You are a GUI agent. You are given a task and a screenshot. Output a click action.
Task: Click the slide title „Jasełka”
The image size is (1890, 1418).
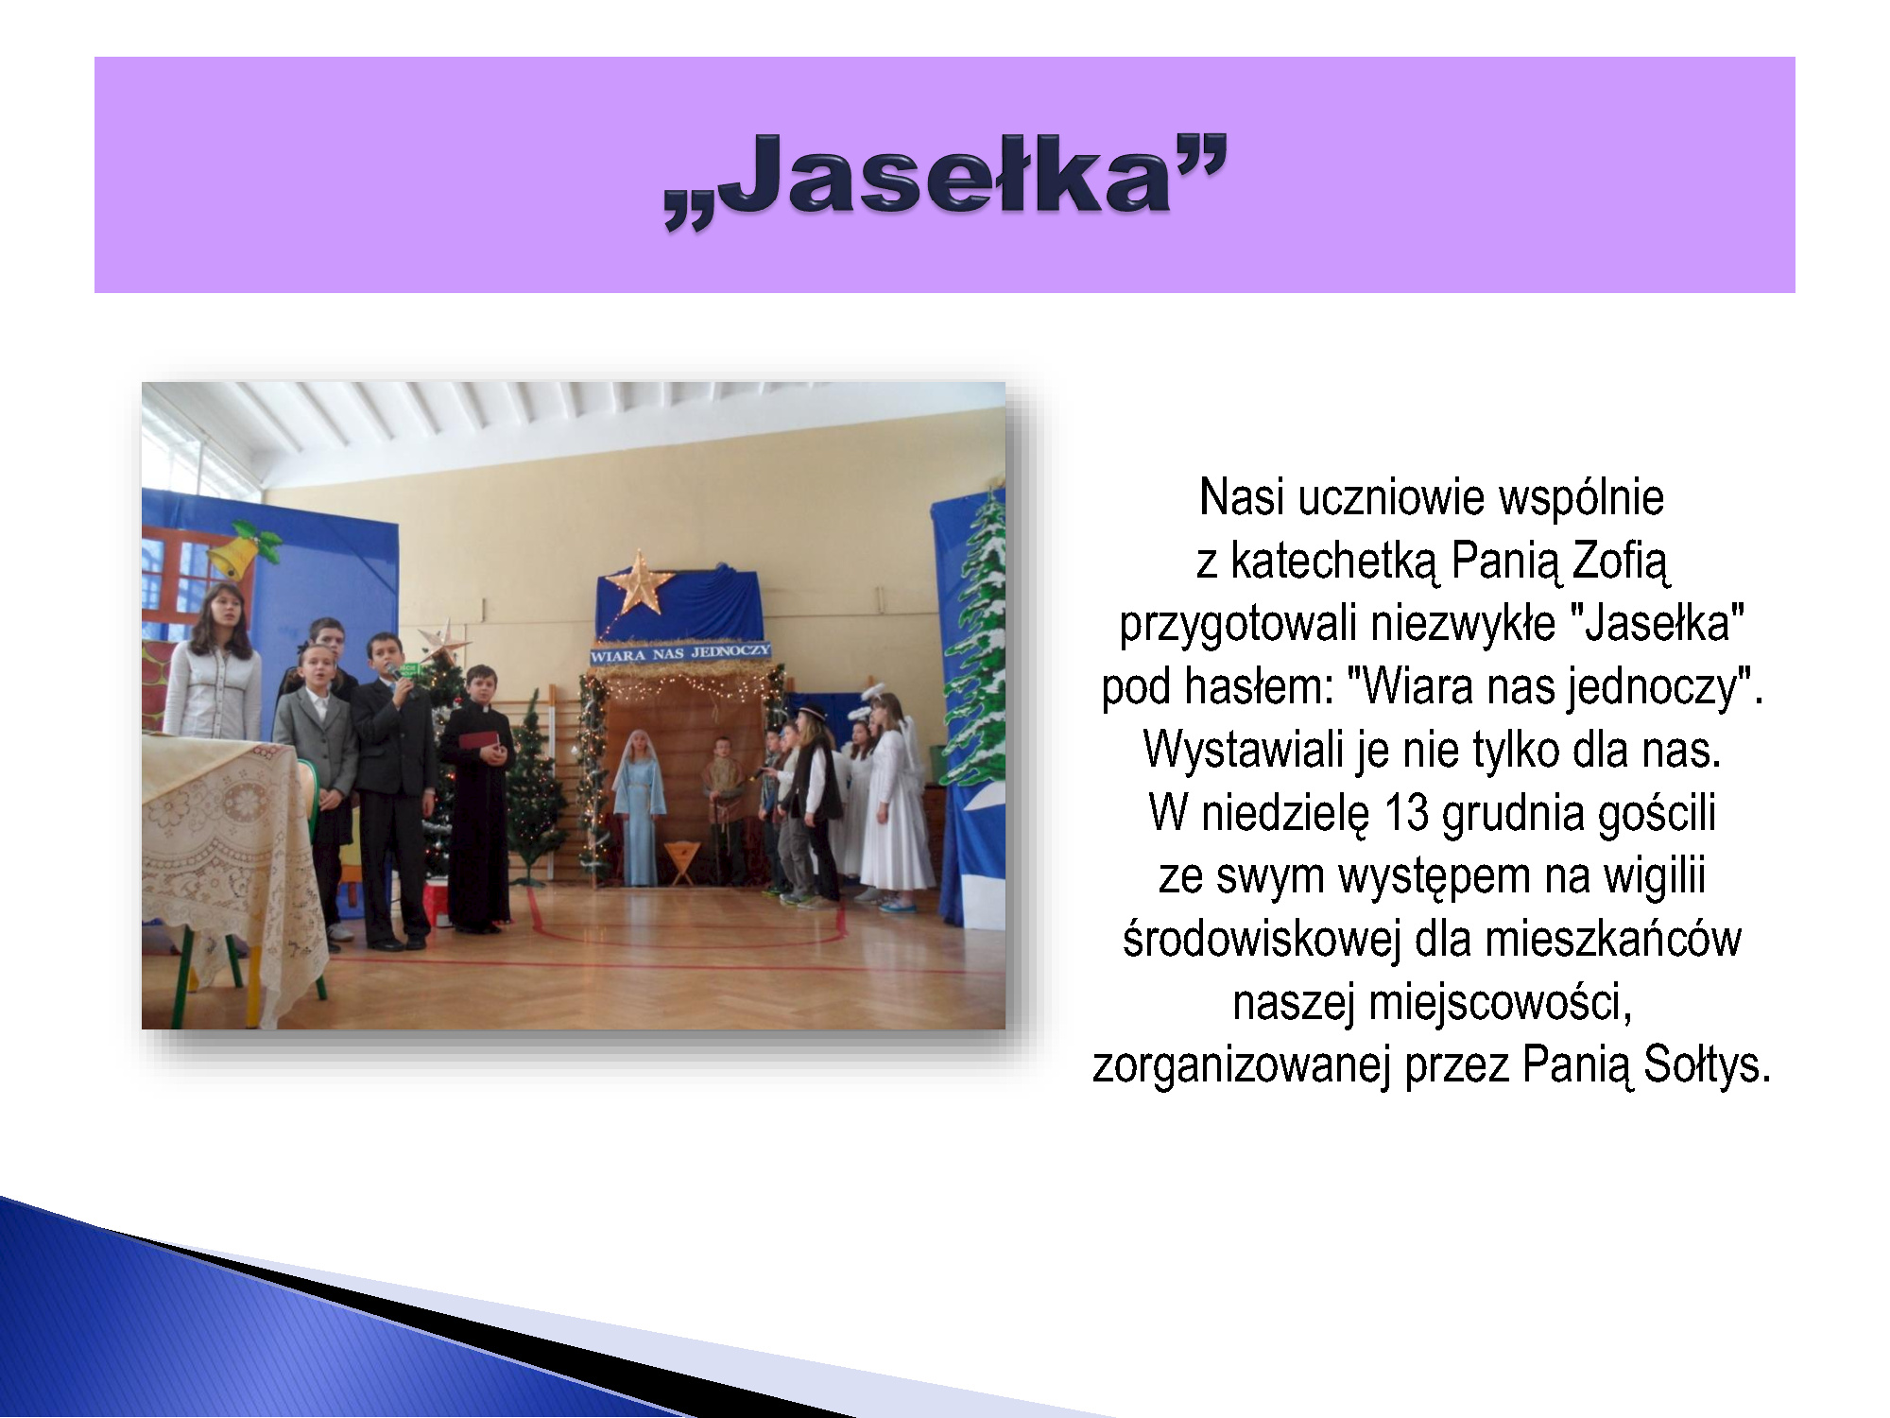point(945,180)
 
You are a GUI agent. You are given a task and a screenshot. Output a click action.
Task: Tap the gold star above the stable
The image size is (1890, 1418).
point(641,582)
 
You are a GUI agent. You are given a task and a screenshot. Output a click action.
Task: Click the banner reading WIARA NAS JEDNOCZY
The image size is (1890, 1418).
point(680,653)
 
